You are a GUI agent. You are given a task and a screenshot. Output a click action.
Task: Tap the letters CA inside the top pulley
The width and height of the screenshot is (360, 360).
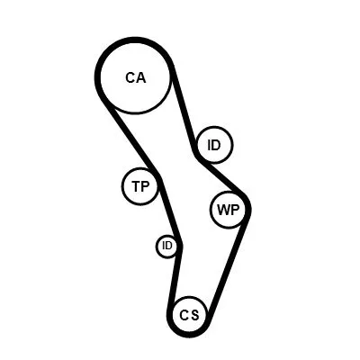click(x=135, y=77)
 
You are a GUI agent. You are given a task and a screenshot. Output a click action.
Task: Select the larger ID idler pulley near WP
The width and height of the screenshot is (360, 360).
click(x=214, y=144)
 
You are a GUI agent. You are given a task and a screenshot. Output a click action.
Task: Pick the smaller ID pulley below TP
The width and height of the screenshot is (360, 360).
click(x=167, y=246)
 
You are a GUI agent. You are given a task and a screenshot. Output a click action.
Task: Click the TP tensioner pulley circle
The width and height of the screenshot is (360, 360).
click(x=140, y=186)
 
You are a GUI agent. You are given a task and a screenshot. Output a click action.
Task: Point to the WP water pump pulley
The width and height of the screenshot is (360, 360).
click(x=228, y=211)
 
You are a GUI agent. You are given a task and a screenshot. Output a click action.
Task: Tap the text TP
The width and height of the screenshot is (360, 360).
click(x=140, y=187)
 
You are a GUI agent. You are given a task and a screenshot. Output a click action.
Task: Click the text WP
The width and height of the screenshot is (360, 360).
click(x=228, y=211)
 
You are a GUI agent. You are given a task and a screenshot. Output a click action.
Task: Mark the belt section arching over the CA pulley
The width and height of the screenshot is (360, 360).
click(x=135, y=41)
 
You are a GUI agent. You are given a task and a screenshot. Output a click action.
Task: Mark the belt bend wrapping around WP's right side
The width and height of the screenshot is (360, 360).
click(x=247, y=211)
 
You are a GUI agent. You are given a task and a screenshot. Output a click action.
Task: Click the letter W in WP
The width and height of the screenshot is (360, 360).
click(x=221, y=211)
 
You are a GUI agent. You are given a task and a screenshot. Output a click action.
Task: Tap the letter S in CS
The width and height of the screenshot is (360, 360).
click(x=195, y=315)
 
